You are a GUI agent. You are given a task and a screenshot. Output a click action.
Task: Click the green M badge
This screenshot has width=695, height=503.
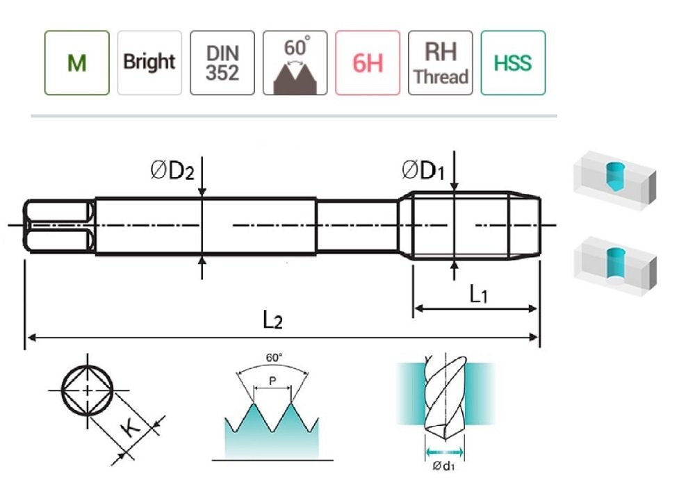point(77,63)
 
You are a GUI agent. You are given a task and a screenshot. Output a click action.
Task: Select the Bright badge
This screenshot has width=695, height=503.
point(149,63)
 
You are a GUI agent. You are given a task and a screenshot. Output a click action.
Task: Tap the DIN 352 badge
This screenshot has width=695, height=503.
point(222,63)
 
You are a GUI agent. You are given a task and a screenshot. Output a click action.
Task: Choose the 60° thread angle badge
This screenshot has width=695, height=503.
point(295,63)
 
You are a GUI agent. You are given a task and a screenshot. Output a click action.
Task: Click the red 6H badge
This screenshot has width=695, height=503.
point(368,63)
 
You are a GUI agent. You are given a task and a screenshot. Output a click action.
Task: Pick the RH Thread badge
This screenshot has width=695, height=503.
point(440,63)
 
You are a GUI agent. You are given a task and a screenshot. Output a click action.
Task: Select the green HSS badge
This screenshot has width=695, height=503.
point(513,63)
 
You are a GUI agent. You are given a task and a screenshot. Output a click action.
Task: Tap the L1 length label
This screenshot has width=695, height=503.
point(478,295)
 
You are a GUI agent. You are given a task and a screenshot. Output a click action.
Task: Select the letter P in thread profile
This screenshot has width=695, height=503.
point(272,381)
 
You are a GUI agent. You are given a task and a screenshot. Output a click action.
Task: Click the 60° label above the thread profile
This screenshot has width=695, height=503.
point(275,357)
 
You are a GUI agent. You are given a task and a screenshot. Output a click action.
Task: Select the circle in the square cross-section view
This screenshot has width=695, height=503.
point(86,390)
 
